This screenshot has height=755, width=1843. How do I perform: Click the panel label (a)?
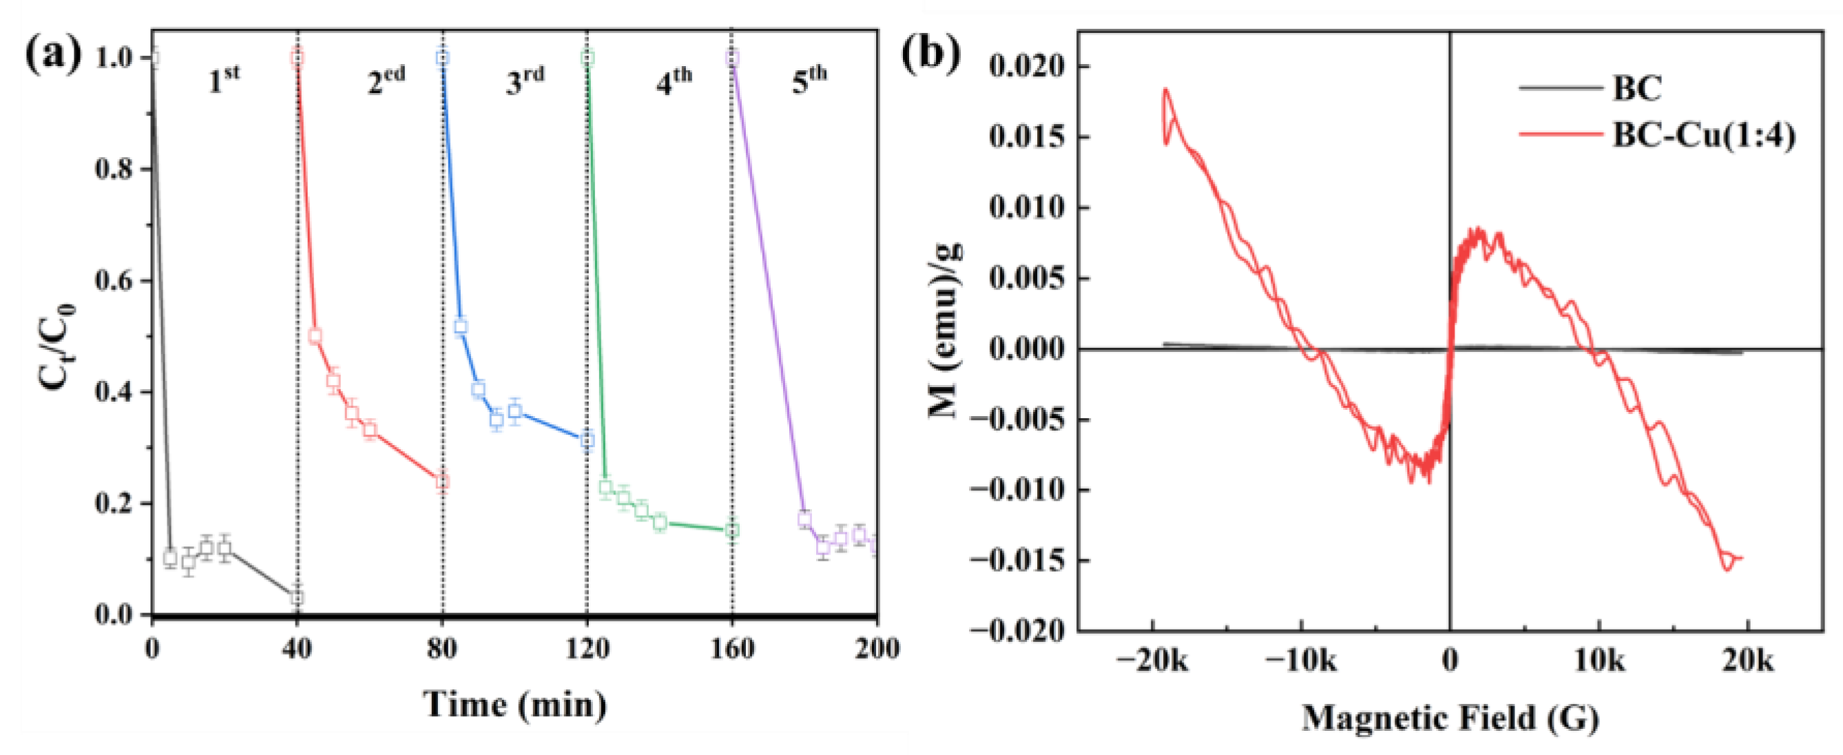pos(54,55)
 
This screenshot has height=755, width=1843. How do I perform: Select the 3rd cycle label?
pos(524,80)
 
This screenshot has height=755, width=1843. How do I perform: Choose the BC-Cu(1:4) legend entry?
pos(1703,134)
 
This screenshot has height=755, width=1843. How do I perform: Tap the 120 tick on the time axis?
pos(587,648)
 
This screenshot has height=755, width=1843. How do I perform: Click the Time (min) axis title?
pos(515,704)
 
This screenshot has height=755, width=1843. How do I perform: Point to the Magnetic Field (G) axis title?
pos(1450,717)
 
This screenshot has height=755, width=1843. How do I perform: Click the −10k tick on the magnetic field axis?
pos(1300,661)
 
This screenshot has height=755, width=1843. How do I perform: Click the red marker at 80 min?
pos(443,482)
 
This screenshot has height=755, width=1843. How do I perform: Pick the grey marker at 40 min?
pos(297,597)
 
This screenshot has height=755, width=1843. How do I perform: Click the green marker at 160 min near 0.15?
pos(732,530)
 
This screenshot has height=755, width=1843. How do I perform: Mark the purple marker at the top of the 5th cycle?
pos(732,58)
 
